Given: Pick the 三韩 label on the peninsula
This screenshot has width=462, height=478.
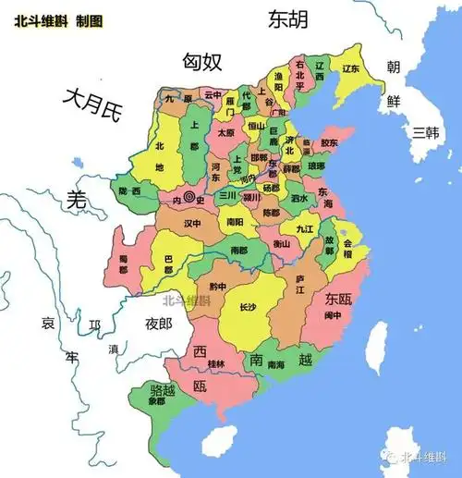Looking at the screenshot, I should click(x=426, y=131).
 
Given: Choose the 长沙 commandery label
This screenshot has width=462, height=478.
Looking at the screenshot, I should click(x=249, y=307).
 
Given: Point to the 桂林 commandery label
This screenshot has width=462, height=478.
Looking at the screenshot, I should click(x=214, y=363).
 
